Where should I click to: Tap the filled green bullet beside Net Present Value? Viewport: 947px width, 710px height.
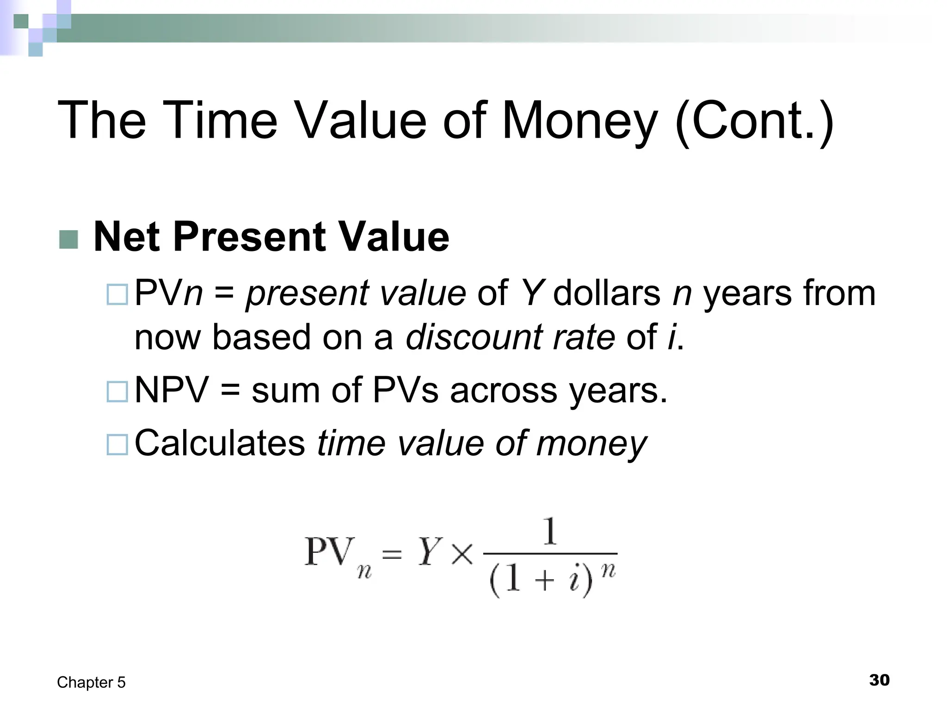69,239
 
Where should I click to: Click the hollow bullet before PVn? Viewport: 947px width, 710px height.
117,294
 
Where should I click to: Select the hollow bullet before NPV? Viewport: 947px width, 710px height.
117,392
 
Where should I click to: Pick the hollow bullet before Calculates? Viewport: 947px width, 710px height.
117,445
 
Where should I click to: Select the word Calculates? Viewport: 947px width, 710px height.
220,443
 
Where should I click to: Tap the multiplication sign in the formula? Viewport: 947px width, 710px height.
462,553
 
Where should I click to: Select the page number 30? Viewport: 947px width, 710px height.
879,680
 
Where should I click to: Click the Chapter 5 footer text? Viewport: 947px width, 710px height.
91,682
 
